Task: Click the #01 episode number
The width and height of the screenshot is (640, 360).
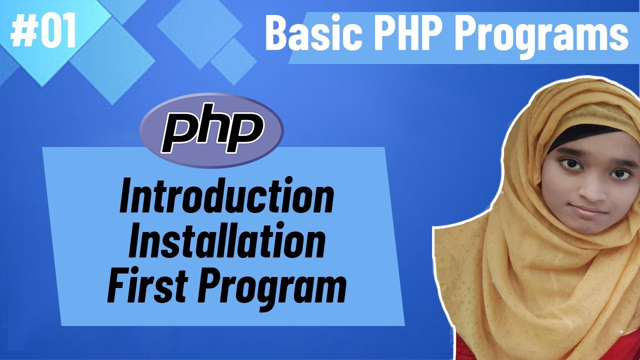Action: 43,31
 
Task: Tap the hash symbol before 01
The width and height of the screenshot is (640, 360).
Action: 21,31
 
